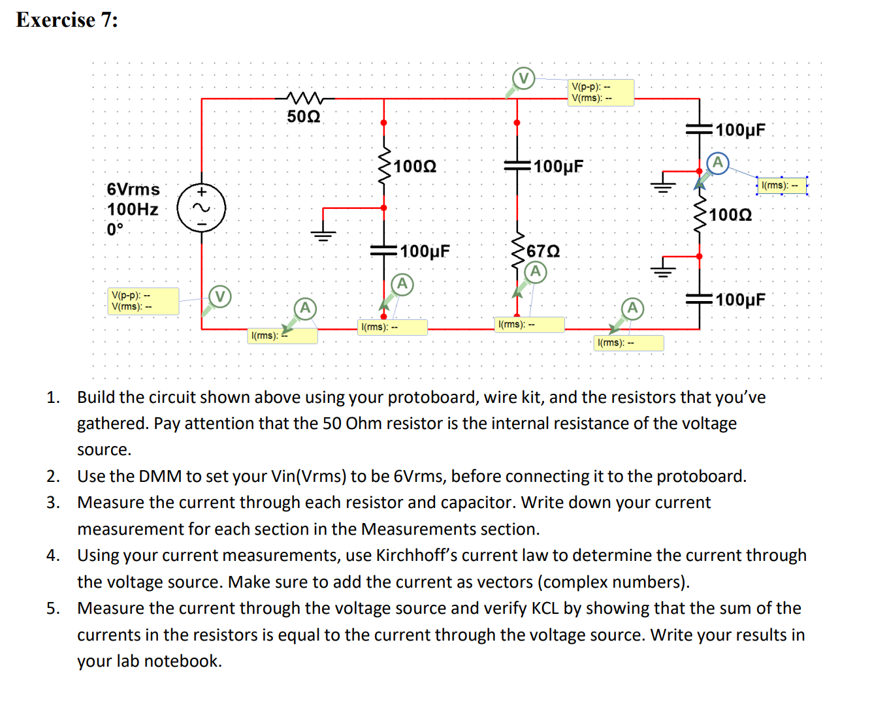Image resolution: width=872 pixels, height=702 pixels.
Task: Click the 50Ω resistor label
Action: tap(304, 117)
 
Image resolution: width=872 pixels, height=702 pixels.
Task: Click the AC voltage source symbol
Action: tap(202, 208)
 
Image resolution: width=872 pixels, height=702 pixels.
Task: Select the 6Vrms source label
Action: tap(133, 189)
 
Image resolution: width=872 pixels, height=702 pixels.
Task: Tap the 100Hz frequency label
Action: tap(133, 210)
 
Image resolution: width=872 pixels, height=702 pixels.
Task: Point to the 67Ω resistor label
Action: tap(543, 251)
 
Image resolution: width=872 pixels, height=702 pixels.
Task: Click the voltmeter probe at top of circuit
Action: tap(523, 78)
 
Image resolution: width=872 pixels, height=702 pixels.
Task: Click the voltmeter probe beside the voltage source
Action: tap(220, 296)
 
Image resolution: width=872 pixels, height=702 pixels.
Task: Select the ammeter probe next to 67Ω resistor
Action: tap(536, 272)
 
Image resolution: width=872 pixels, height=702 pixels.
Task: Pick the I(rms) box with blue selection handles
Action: tap(781, 186)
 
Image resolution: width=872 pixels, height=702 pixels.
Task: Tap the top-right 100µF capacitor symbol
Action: tap(699, 129)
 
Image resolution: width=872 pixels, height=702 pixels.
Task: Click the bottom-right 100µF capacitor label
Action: tap(740, 300)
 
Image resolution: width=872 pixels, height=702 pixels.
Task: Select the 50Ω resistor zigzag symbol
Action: tap(304, 99)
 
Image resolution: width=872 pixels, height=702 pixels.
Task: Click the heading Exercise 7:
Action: tap(67, 20)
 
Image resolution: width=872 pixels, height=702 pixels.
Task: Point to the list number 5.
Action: tap(53, 609)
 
